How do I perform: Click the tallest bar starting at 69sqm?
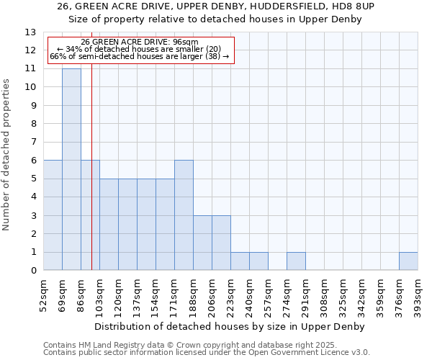pyautogui.click(x=71, y=170)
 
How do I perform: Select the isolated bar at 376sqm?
pyautogui.click(x=408, y=261)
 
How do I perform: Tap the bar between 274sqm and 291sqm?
pyautogui.click(x=296, y=261)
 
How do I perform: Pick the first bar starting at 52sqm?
pyautogui.click(x=53, y=215)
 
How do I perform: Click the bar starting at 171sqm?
pyautogui.click(x=184, y=215)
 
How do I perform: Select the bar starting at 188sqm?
pyautogui.click(x=202, y=243)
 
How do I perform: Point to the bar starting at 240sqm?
pyautogui.click(x=258, y=261)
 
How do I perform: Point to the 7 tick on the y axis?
pyautogui.click(x=33, y=143)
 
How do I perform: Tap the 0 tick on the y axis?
pyautogui.click(x=33, y=271)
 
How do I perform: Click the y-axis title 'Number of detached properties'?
pyautogui.click(x=7, y=155)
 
